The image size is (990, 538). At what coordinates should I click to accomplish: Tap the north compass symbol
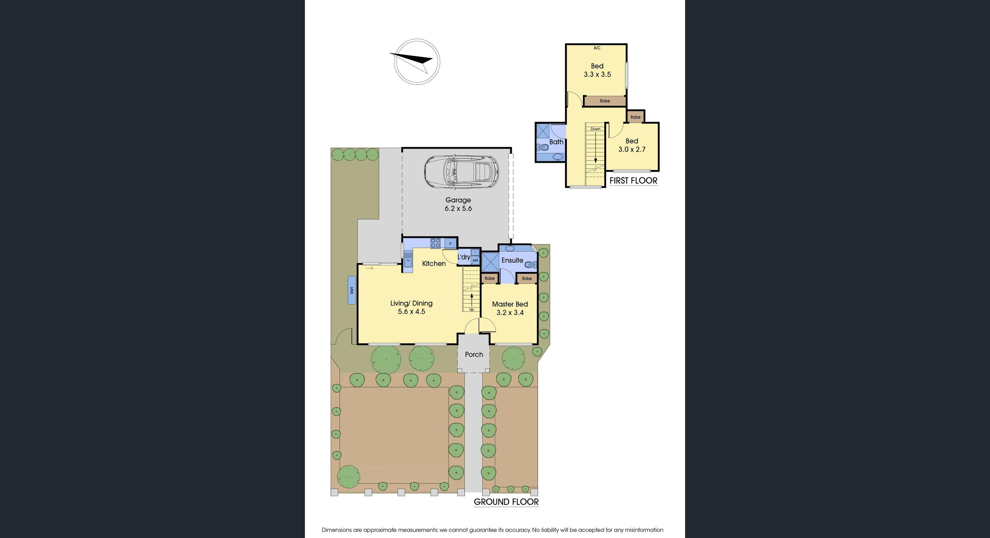click(417, 62)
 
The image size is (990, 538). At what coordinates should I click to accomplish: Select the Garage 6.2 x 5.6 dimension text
click(458, 209)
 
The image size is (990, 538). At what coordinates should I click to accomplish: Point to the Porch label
click(474, 354)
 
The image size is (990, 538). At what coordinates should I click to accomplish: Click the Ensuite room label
click(512, 260)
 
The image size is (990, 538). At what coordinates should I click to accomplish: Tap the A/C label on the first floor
click(597, 48)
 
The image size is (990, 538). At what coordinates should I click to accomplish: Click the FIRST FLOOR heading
click(633, 180)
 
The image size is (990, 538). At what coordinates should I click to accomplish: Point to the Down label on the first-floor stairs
click(595, 129)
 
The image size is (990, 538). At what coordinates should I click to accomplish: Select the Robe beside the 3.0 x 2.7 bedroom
click(635, 117)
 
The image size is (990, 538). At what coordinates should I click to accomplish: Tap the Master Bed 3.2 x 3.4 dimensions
click(510, 313)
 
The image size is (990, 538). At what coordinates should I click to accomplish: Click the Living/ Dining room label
click(411, 303)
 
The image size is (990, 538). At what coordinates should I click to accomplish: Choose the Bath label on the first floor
click(556, 142)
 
